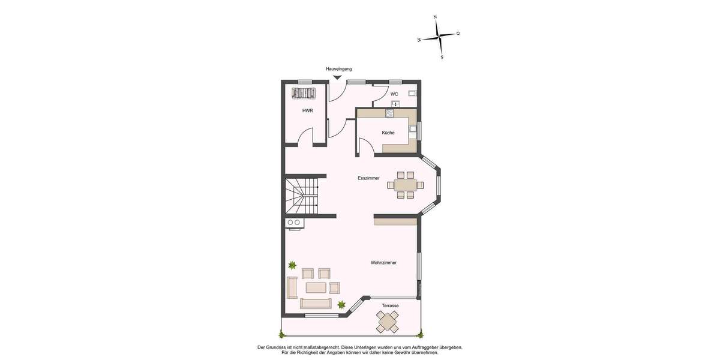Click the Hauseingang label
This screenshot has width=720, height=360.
pyautogui.click(x=338, y=70)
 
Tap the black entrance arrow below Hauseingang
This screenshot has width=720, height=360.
pyautogui.click(x=338, y=77)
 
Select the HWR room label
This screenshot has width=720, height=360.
pyautogui.click(x=307, y=110)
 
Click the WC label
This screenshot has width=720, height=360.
pyautogui.click(x=394, y=94)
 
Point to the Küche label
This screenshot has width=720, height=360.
pyautogui.click(x=388, y=133)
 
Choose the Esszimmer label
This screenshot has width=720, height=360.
pyautogui.click(x=368, y=178)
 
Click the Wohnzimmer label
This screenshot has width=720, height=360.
pyautogui.click(x=383, y=262)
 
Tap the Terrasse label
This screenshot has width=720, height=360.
pyautogui.click(x=390, y=305)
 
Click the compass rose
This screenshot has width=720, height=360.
pyautogui.click(x=440, y=37)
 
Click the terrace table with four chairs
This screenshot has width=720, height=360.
pyautogui.click(x=388, y=322)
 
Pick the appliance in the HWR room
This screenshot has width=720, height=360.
pyautogui.click(x=303, y=93)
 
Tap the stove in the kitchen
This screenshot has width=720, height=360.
pyautogui.click(x=389, y=113)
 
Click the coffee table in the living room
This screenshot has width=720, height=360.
pyautogui.click(x=316, y=287)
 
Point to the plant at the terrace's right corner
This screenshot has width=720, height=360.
pyautogui.click(x=420, y=334)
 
